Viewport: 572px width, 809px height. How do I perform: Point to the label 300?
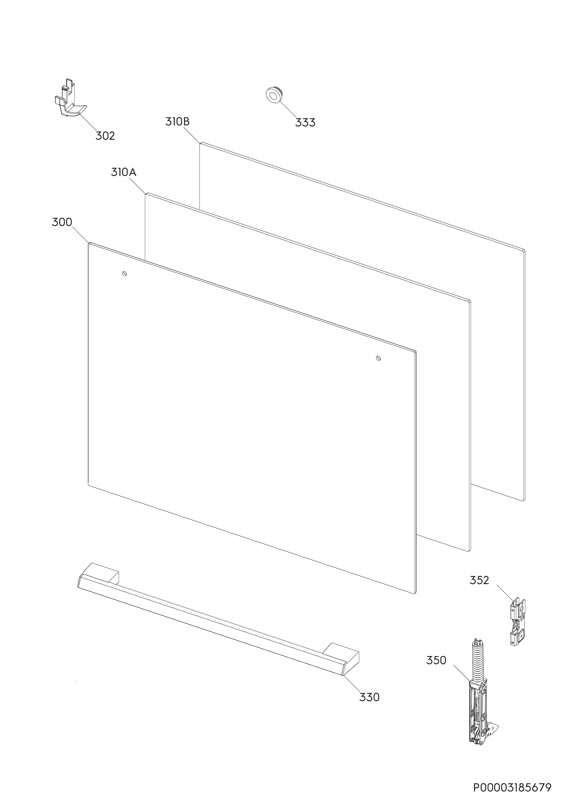pos(62,222)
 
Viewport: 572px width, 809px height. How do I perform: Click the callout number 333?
pos(305,123)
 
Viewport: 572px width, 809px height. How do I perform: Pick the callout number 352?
pos(479,580)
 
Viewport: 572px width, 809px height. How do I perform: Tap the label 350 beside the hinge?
pos(436,660)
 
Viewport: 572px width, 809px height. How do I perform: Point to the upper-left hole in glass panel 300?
pos(124,274)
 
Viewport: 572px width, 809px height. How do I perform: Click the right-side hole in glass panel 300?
pos(378,358)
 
